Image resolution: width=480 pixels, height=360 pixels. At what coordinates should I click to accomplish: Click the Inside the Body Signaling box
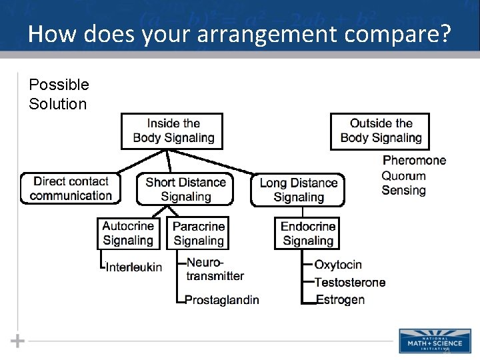pyautogui.click(x=171, y=131)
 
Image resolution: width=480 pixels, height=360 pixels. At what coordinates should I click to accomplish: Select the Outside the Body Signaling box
pyautogui.click(x=380, y=131)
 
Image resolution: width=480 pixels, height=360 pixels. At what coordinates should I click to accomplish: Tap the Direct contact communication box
pyautogui.click(x=71, y=189)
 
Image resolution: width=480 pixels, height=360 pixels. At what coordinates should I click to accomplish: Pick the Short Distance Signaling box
pyautogui.click(x=185, y=189)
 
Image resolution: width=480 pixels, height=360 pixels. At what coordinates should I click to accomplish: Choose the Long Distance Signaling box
pyautogui.click(x=298, y=190)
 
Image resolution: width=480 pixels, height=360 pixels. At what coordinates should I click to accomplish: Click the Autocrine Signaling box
pyautogui.click(x=128, y=233)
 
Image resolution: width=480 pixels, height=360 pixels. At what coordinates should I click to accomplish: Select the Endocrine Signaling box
pyautogui.click(x=307, y=233)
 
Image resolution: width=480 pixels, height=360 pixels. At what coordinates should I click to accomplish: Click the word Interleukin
pyautogui.click(x=133, y=267)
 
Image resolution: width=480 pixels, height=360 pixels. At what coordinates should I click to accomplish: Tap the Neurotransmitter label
pyautogui.click(x=215, y=269)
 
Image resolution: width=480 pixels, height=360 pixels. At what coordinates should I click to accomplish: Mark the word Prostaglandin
pyautogui.click(x=221, y=300)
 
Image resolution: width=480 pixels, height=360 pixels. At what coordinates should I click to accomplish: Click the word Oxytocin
pyautogui.click(x=338, y=265)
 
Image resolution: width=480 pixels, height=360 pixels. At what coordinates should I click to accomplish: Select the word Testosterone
pyautogui.click(x=349, y=283)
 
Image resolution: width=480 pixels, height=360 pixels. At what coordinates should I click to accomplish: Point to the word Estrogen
pyautogui.click(x=340, y=300)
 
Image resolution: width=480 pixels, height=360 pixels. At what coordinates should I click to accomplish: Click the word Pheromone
pyautogui.click(x=414, y=161)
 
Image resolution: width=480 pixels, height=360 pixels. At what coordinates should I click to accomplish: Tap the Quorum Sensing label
pyautogui.click(x=403, y=183)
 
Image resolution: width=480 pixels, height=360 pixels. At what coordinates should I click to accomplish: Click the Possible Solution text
pyautogui.click(x=59, y=94)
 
